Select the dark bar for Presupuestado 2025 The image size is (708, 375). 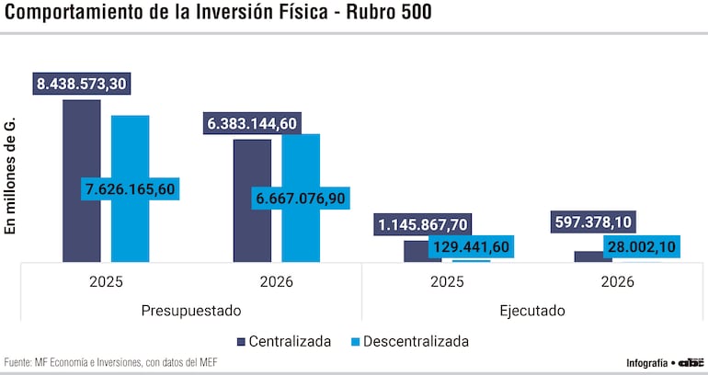point(82,184)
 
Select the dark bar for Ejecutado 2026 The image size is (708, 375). point(593,256)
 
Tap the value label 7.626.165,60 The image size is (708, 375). point(129,189)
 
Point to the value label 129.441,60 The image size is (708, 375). point(470,246)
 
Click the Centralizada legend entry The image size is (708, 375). point(284,341)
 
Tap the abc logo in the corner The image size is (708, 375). point(691,362)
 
